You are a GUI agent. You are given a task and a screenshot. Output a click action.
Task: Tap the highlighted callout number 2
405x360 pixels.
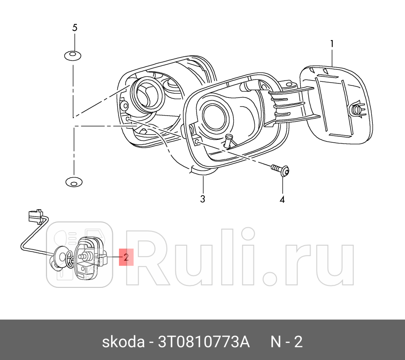(126, 257)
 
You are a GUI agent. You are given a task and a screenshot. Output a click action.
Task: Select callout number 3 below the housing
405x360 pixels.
(202, 199)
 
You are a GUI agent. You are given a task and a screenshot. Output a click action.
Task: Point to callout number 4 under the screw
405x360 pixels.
(282, 200)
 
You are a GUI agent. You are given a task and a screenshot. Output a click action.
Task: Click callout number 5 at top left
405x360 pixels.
(75, 28)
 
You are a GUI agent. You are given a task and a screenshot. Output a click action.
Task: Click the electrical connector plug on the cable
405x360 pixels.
(35, 216)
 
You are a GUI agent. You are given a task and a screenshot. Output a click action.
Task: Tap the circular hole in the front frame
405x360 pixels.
(214, 115)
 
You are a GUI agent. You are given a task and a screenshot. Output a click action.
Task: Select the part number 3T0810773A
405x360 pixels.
(203, 342)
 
